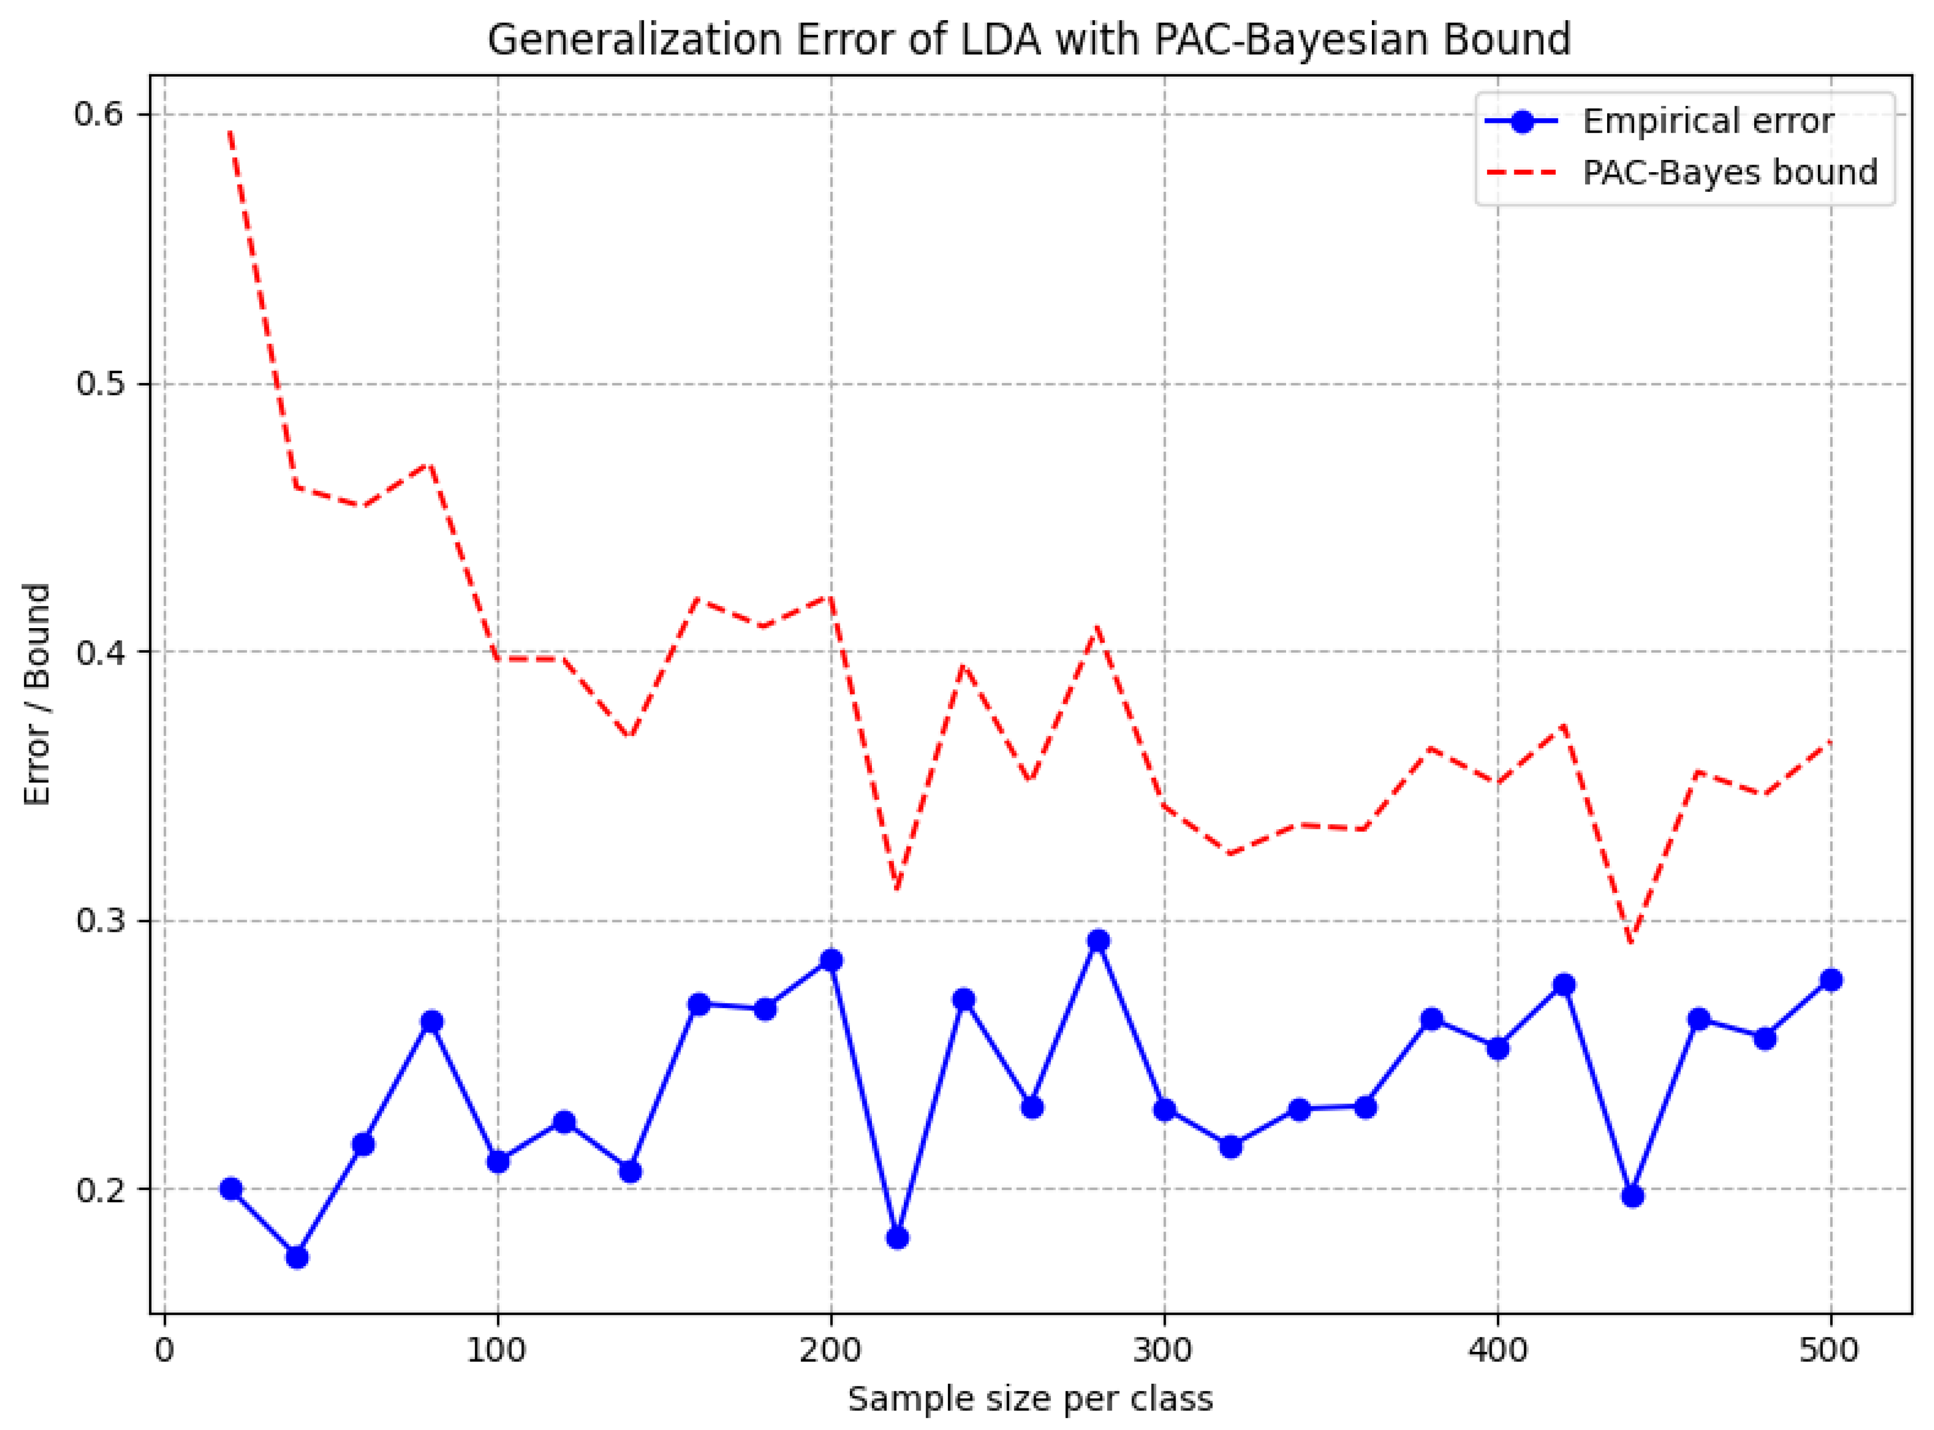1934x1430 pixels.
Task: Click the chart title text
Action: [1029, 40]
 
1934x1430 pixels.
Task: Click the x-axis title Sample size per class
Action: [1030, 1399]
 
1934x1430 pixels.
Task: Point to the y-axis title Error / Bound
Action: [37, 694]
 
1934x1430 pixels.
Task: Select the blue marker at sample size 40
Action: [297, 1257]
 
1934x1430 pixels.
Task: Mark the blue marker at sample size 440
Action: [1632, 1196]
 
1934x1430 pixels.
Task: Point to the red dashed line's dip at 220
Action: [897, 889]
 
